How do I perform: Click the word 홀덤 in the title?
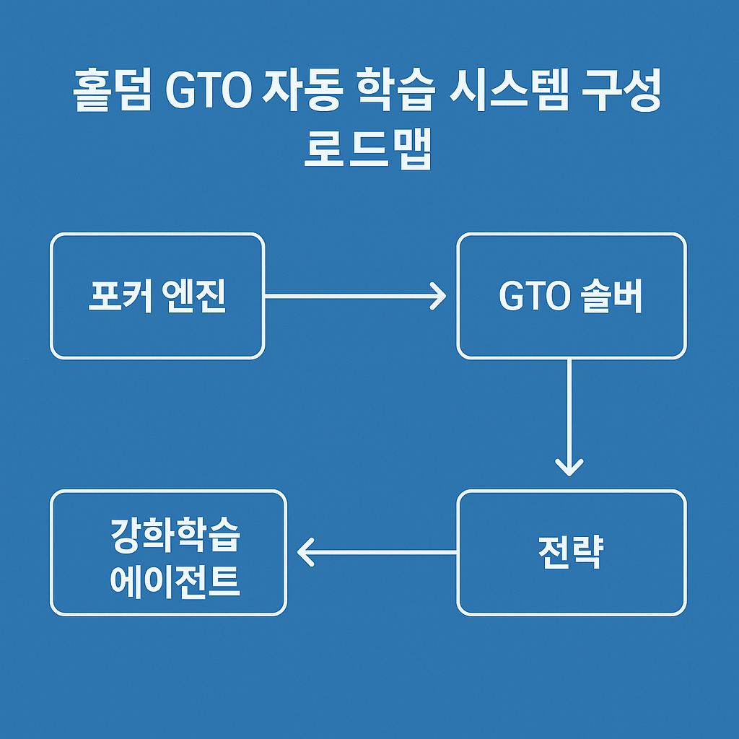[112, 89]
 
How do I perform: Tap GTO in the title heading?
[209, 90]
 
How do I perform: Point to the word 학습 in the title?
[395, 89]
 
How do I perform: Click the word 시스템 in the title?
[509, 89]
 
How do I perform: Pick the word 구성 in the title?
[621, 89]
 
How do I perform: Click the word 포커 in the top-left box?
[120, 296]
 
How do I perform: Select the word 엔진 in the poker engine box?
[193, 296]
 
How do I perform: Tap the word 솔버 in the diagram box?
[611, 296]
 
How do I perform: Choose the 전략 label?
[571, 552]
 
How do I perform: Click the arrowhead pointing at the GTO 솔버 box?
[439, 296]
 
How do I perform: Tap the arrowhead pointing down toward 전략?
[569, 468]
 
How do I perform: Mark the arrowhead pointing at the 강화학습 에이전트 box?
[305, 552]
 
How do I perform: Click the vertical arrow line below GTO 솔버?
[569, 418]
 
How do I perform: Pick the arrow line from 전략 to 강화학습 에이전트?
[377, 552]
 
